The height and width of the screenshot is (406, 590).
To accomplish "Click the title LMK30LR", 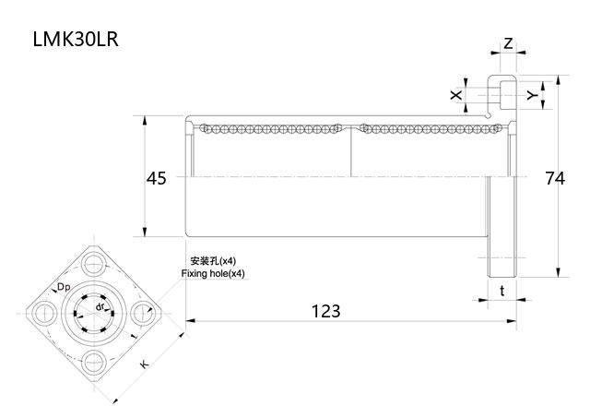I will pyautogui.click(x=76, y=41).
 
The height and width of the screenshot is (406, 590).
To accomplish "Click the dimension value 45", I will pyautogui.click(x=156, y=178).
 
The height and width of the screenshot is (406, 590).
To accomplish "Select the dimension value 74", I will pyautogui.click(x=554, y=178).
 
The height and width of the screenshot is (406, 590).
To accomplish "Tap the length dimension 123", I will pyautogui.click(x=325, y=311).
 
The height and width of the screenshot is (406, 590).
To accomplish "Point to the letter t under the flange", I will pyautogui.click(x=501, y=291).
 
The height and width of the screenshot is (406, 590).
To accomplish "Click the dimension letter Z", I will pyautogui.click(x=508, y=43).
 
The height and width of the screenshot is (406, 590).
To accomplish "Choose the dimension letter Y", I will pyautogui.click(x=531, y=94).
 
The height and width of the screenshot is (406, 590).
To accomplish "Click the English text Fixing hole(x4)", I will pyautogui.click(x=214, y=274).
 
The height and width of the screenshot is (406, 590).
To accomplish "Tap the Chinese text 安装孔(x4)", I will pyautogui.click(x=213, y=261).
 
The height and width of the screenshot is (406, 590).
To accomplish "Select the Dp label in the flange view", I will pyautogui.click(x=64, y=288).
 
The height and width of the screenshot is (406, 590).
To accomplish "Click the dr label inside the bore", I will pyautogui.click(x=100, y=305).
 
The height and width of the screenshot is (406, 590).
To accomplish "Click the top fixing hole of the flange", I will pyautogui.click(x=95, y=265).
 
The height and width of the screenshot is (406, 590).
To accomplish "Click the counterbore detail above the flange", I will pyautogui.click(x=502, y=94).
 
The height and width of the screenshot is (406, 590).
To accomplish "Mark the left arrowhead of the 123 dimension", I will pyautogui.click(x=190, y=321).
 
